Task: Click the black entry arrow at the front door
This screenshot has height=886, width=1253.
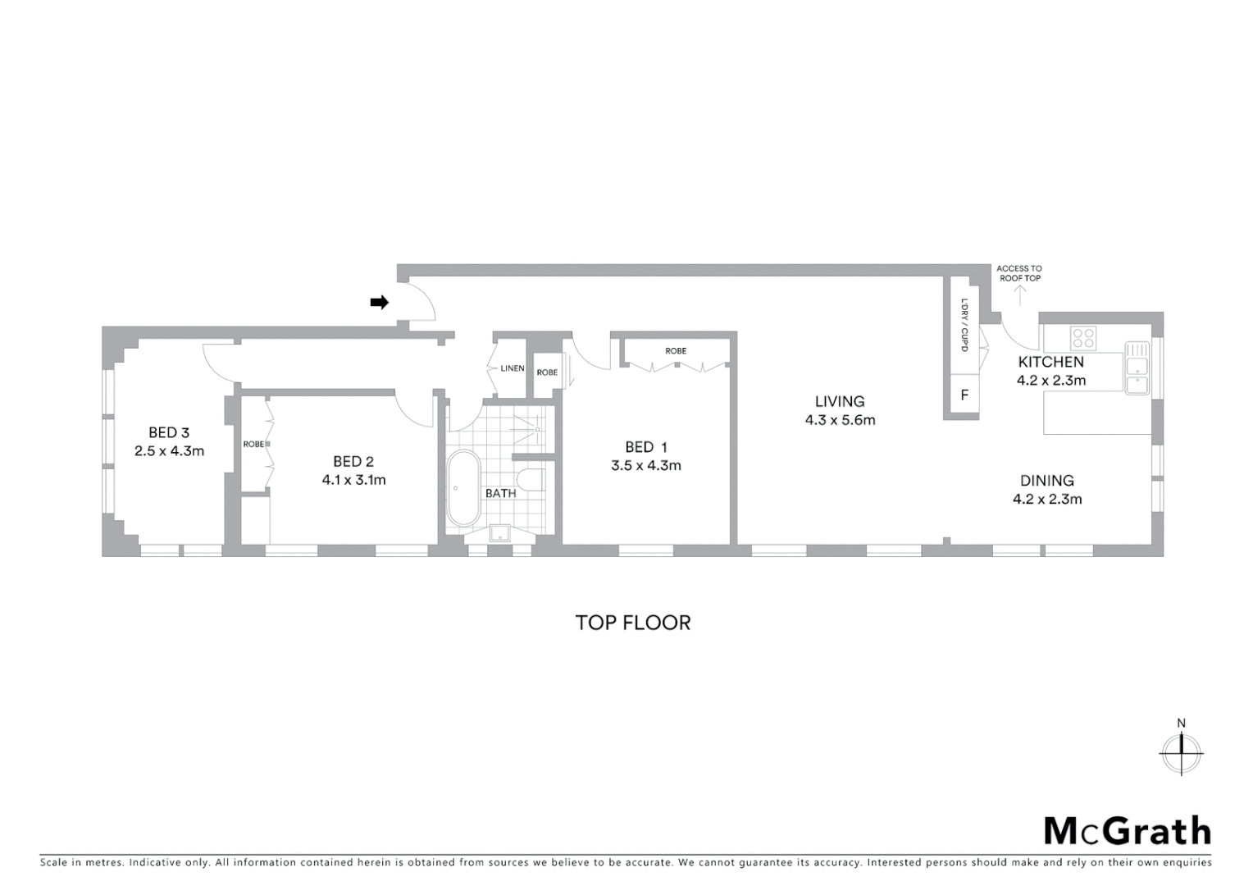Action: pos(379,303)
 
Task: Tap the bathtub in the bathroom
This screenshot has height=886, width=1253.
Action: pos(463,488)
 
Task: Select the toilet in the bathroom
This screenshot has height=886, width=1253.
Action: pos(531,479)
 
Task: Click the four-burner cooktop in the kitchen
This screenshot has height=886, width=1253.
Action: pos(1083,338)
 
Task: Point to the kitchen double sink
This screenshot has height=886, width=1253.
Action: pos(1137,368)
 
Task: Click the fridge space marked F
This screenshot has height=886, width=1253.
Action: pos(964,395)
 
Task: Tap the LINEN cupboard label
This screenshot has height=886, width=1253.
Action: pos(513,368)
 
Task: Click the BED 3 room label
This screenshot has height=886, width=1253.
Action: pos(169,432)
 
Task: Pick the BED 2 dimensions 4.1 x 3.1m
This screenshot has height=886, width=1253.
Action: pos(353,480)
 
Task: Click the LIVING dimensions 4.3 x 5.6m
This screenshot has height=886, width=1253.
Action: pos(840,420)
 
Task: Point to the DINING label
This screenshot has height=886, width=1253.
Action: pos(1046,481)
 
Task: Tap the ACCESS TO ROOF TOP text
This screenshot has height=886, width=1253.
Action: pos(1019,273)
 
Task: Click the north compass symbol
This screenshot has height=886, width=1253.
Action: pos(1181,751)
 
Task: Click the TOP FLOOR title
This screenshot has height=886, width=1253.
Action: pos(633,623)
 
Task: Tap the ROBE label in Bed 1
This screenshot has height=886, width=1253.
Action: pos(676,351)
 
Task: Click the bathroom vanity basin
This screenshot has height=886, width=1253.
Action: pos(499,532)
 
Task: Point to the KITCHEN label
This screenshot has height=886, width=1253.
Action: pos(1050,362)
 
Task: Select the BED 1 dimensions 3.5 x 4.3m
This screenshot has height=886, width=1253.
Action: pos(646,465)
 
